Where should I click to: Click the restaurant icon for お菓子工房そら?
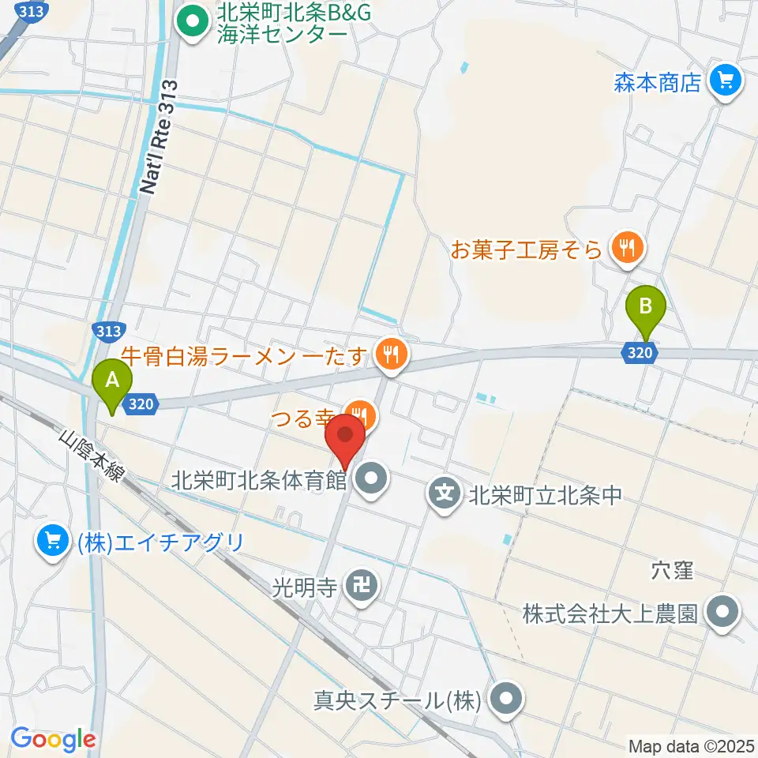[x=629, y=250]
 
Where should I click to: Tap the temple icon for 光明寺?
[x=364, y=586]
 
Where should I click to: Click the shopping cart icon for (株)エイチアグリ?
[x=53, y=542]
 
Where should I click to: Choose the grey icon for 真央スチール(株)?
[x=504, y=700]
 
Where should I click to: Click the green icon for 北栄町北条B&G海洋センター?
[x=189, y=22]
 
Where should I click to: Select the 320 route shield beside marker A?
[x=140, y=404]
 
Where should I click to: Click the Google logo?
[x=52, y=739]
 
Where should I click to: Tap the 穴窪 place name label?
[x=672, y=569]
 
